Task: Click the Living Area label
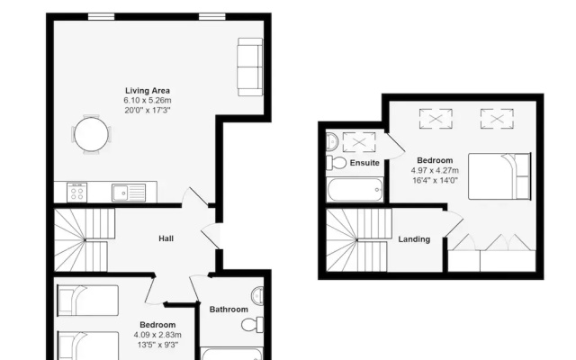click(x=148, y=91)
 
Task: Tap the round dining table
click(x=92, y=134)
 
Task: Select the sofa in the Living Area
click(x=250, y=67)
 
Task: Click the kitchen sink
click(x=129, y=193)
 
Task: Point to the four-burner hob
click(x=77, y=192)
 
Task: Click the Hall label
click(x=166, y=238)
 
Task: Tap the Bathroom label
click(x=229, y=310)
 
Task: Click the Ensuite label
click(x=364, y=163)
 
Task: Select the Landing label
click(x=414, y=239)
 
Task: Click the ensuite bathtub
click(x=355, y=190)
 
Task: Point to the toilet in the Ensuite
click(x=336, y=162)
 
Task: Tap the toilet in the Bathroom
click(x=252, y=325)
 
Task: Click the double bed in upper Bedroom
click(x=499, y=176)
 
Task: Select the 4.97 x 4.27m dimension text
click(x=435, y=170)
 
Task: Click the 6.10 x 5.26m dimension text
click(x=148, y=100)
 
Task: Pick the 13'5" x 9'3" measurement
click(x=157, y=345)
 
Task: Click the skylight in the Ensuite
click(x=359, y=142)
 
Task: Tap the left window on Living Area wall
click(x=101, y=16)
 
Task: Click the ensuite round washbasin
click(x=332, y=140)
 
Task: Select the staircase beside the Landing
click(x=356, y=240)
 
